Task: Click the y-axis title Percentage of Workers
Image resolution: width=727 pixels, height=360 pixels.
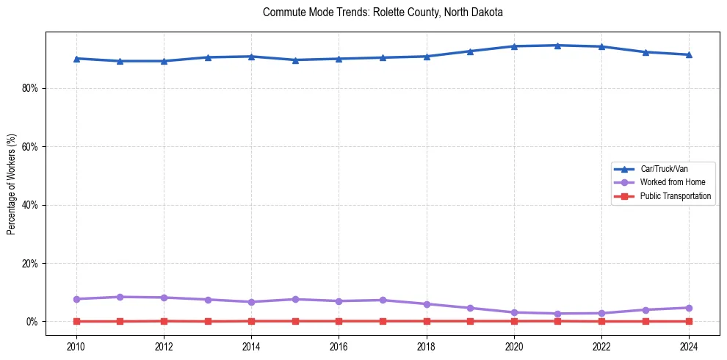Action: click(x=11, y=184)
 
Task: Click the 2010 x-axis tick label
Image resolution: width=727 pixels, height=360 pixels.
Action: click(x=76, y=346)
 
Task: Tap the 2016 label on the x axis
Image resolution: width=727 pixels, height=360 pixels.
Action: click(x=339, y=346)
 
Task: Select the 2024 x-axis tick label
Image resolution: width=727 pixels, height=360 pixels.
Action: click(x=689, y=346)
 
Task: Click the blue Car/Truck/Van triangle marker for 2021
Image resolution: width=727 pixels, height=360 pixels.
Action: click(x=557, y=46)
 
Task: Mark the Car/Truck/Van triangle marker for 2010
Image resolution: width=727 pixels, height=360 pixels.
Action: click(x=76, y=58)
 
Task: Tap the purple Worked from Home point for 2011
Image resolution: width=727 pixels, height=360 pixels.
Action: click(x=120, y=297)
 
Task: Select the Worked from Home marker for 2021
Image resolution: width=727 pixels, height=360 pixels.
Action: click(x=557, y=314)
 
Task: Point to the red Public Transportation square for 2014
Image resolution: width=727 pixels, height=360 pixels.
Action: click(x=251, y=321)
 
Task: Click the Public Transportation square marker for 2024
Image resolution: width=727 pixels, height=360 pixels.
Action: click(x=689, y=321)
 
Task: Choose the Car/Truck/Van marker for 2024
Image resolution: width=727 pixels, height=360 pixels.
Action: click(x=689, y=54)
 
